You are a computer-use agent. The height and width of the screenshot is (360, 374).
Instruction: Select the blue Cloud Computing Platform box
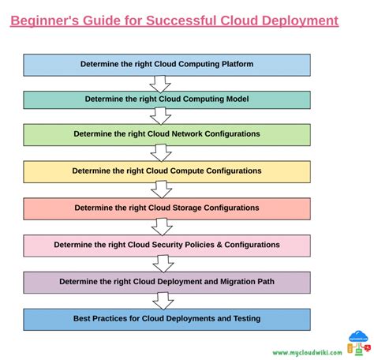pyautogui.click(x=166, y=64)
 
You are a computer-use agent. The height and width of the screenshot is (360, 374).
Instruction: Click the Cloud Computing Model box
pyautogui.click(x=166, y=99)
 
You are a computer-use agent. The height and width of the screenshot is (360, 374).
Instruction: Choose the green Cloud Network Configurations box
pyautogui.click(x=166, y=134)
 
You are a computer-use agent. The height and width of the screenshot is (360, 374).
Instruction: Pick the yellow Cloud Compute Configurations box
pyautogui.click(x=166, y=171)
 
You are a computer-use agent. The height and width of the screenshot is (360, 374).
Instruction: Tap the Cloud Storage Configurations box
pyautogui.click(x=166, y=208)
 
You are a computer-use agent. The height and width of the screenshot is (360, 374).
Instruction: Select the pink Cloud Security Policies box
pyautogui.click(x=166, y=245)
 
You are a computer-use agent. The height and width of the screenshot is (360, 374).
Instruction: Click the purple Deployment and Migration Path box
pyautogui.click(x=166, y=281)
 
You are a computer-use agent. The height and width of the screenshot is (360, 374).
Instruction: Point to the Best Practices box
pyautogui.click(x=166, y=319)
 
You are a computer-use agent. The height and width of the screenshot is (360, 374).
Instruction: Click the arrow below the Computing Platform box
pyautogui.click(x=162, y=83)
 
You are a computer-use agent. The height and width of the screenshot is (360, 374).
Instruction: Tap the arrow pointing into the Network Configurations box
pyautogui.click(x=162, y=116)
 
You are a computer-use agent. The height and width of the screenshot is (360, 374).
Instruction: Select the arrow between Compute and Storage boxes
pyautogui.click(x=162, y=189)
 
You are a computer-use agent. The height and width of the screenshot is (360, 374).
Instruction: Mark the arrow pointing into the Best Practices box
pyautogui.click(x=163, y=300)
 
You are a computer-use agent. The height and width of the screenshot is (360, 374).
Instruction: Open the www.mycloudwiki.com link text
pyautogui.click(x=307, y=353)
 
